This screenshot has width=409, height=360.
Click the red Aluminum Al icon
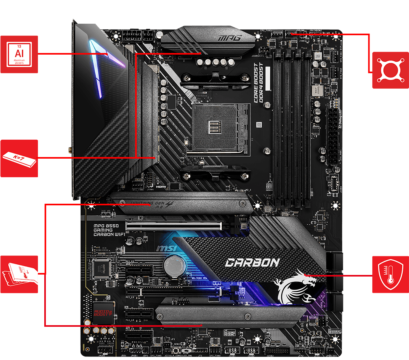pos(19,54)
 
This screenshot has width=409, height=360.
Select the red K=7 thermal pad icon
pos(19,158)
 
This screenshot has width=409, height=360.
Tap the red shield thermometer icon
pos(390,274)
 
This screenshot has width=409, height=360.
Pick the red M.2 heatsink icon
pos(19,274)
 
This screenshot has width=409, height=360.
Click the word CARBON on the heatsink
pos(252,262)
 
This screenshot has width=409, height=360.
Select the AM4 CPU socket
pos(221,127)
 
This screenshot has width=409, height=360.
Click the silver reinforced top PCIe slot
pos(174,226)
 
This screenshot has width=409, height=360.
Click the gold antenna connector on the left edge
pos(69,150)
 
